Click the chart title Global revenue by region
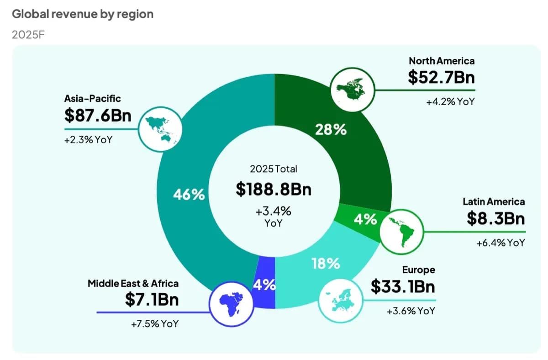pos(83,14)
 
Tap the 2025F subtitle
pos(28,35)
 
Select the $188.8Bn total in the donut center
pos(274,189)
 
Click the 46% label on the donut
pos(189,195)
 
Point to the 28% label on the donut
pos(331,130)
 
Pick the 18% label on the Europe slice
pos(326,263)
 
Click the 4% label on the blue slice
pos(264,285)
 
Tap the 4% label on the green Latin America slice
pos(365,220)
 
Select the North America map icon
pos(352,90)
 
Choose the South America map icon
pos(402,232)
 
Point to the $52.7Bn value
pos(441,77)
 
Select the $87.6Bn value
pos(98,116)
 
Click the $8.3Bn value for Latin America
pos(495,219)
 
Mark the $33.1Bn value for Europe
pos(403,287)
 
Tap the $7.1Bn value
pos(152,300)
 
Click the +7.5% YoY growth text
pos(154,324)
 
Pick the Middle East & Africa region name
pos(133,283)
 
